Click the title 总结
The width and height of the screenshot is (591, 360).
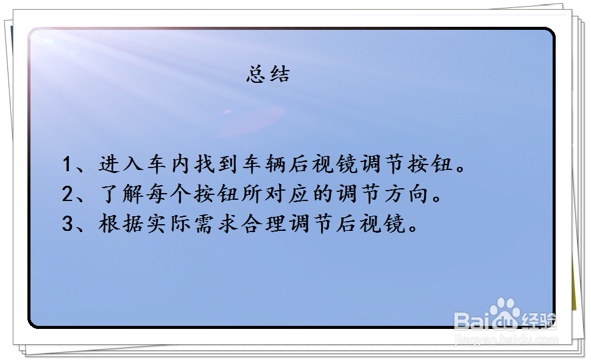268,74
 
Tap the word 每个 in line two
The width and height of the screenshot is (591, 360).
169,195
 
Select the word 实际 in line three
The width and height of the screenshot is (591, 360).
169,225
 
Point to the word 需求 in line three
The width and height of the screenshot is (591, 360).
217,225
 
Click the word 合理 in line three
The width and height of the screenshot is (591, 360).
265,225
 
